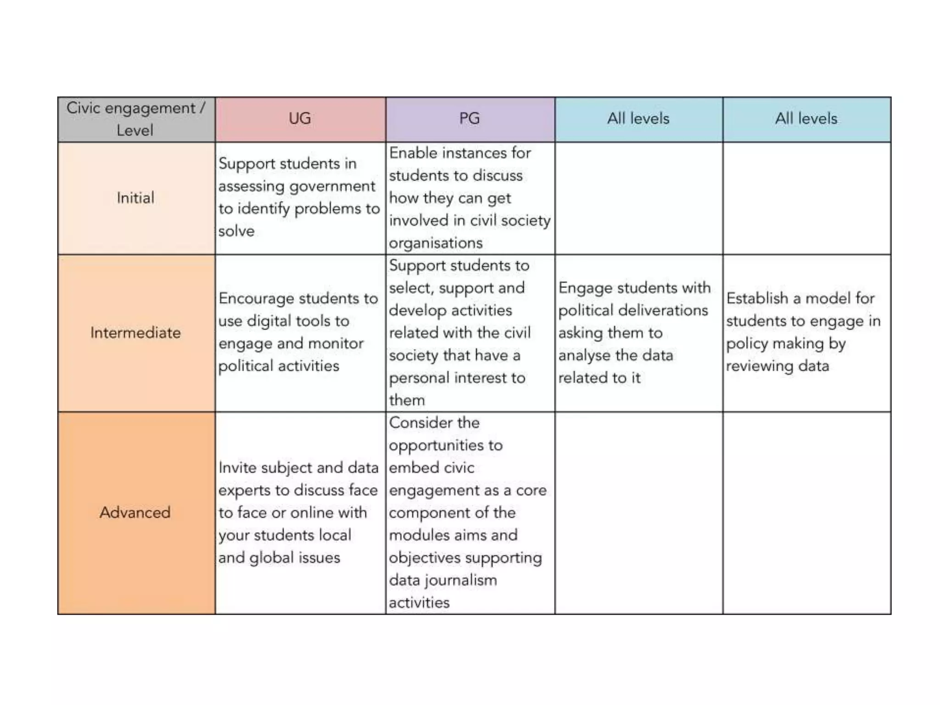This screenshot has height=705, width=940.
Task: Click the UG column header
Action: tap(300, 119)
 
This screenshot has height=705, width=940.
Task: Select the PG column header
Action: tap(470, 119)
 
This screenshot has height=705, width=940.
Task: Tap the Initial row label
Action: tap(135, 198)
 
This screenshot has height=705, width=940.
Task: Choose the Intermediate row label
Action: tap(135, 333)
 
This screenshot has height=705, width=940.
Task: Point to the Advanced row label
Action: tap(135, 512)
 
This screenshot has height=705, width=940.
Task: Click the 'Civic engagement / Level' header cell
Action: tap(135, 119)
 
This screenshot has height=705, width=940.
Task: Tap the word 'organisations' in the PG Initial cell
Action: tap(436, 243)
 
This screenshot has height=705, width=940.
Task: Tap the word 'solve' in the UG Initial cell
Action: tap(236, 231)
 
